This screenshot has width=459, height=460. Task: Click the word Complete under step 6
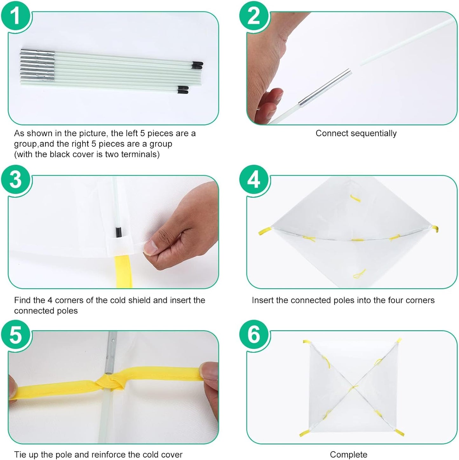(348, 454)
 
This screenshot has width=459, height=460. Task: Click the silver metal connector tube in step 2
(325, 88)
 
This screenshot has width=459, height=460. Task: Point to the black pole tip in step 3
(118, 232)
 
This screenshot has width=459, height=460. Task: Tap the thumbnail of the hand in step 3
(151, 247)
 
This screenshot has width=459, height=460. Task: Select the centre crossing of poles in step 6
(353, 386)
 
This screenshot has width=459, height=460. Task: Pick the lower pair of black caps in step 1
(183, 90)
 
